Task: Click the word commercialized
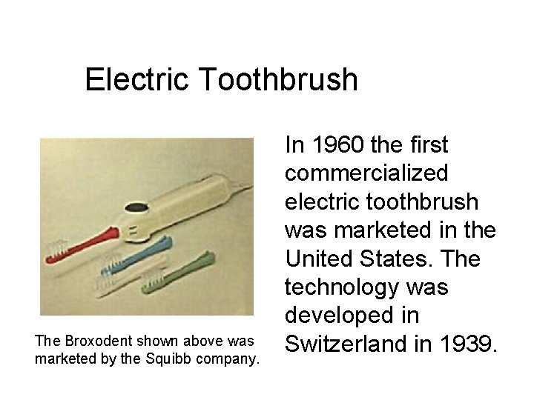(x=366, y=173)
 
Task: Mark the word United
(x=322, y=259)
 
